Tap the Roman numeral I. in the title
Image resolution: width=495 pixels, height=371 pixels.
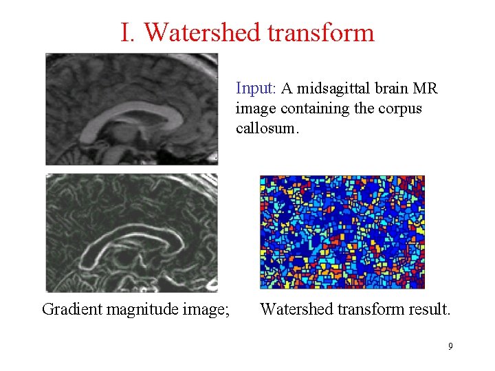(x=129, y=32)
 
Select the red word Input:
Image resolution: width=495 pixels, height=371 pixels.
(x=256, y=89)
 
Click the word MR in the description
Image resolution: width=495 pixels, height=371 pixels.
(x=426, y=89)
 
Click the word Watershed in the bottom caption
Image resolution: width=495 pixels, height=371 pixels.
(x=294, y=309)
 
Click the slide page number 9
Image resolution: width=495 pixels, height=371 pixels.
(x=450, y=346)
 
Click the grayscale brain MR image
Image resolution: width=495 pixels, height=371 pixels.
(x=131, y=109)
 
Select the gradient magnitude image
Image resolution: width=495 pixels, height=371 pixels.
(x=131, y=232)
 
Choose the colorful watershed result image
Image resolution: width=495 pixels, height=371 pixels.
(x=342, y=232)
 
